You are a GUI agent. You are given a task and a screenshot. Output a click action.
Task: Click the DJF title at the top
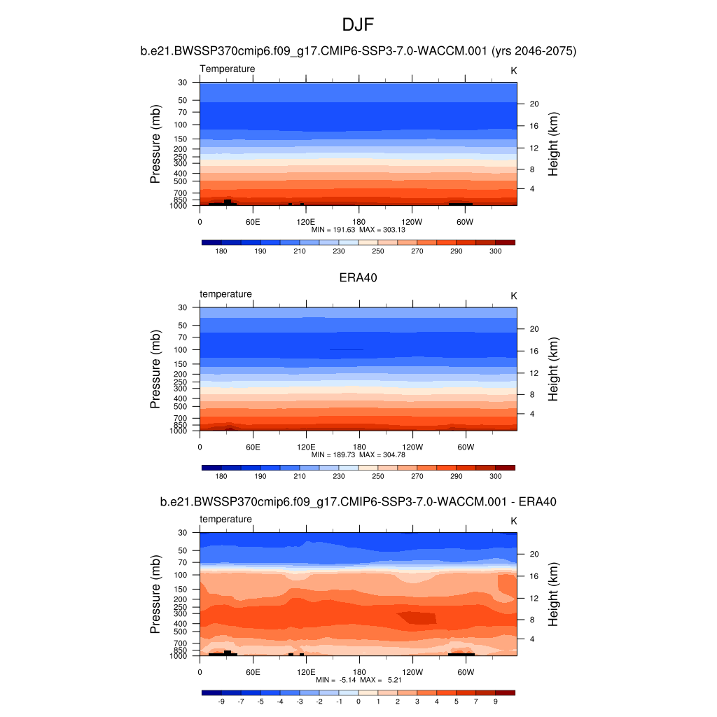point(358,26)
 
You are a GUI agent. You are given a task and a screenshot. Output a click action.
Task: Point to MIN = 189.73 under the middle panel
point(333,454)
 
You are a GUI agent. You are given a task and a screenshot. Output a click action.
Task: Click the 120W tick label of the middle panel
point(412,447)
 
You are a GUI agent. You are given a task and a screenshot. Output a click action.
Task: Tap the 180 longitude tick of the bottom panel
point(359,672)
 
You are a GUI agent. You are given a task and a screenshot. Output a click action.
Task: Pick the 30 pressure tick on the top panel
point(183,83)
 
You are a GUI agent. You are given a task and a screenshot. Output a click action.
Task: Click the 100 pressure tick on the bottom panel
point(181,575)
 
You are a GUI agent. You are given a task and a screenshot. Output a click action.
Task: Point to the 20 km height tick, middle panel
point(533,329)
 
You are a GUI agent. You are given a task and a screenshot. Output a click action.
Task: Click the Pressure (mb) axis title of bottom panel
point(155,594)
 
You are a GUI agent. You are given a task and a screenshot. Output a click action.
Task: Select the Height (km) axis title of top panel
point(553,144)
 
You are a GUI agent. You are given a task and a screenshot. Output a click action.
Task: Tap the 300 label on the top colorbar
point(495,251)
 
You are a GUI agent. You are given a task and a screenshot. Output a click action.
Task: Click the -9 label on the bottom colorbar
point(221,701)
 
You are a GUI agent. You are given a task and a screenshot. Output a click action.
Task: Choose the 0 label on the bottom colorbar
point(358,701)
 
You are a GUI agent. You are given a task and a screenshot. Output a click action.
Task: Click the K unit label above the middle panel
point(513,296)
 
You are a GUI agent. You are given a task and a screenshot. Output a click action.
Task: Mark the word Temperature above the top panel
point(228,69)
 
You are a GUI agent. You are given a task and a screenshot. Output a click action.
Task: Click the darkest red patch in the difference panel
point(417,618)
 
